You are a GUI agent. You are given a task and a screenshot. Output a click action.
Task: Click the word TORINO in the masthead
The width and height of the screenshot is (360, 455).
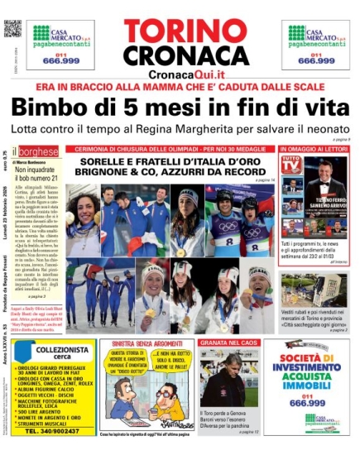point(180,29)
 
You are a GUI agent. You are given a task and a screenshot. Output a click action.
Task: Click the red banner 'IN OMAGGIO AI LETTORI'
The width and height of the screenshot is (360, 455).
point(315,149)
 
